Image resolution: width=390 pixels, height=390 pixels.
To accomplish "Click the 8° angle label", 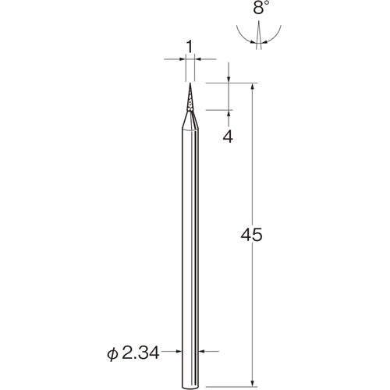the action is (259, 9).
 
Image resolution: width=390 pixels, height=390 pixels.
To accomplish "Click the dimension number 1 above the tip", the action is (190, 47).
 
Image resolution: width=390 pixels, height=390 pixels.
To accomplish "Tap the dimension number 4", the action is (228, 136).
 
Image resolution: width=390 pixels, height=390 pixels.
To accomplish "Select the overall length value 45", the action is (251, 235).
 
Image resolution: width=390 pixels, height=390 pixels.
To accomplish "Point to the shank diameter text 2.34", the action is (140, 353).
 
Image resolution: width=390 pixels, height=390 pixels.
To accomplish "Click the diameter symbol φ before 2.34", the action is (112, 353).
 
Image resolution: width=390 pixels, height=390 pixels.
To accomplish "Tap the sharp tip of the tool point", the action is (190, 83).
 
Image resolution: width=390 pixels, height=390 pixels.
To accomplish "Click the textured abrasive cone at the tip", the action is (190, 98).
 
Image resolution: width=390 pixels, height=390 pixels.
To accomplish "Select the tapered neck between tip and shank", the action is (190, 119).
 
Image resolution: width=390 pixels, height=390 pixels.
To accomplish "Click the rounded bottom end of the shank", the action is (190, 387).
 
